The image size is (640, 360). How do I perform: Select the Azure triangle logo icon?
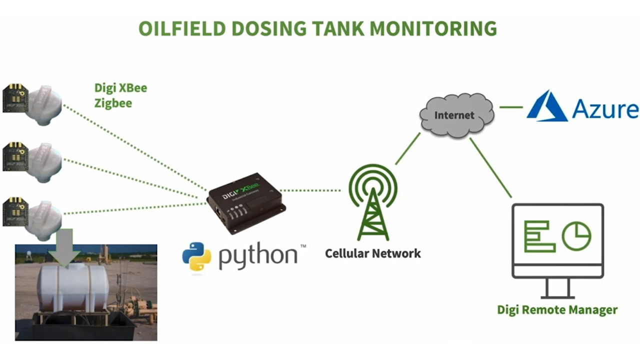(547, 106)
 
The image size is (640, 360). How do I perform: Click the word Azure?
(605, 108)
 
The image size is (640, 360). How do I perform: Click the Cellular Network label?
(372, 253)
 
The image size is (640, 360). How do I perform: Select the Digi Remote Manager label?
(557, 310)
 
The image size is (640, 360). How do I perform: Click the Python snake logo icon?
(196, 256)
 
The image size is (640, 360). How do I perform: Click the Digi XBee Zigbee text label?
(120, 95)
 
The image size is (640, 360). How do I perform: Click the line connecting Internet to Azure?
(510, 106)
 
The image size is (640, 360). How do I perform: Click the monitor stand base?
(557, 296)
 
